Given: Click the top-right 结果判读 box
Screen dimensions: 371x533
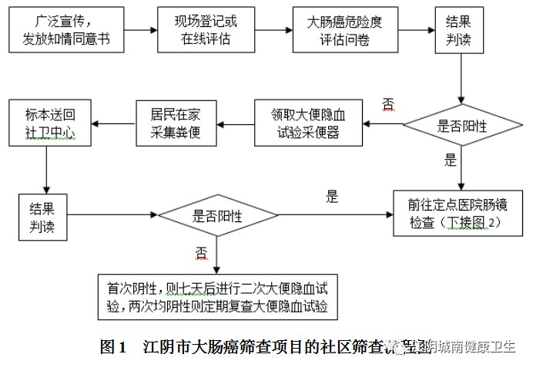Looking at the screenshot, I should click(x=459, y=30).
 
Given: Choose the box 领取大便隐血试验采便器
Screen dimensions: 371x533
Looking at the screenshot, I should click(x=308, y=125).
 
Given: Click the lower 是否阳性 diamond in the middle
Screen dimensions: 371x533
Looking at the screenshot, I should click(x=217, y=217).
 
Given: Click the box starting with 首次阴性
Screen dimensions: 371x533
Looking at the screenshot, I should click(x=218, y=296).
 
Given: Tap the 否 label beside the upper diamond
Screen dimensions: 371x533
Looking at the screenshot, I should click(x=388, y=105).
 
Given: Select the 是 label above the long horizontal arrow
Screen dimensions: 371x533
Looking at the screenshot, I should click(x=331, y=197).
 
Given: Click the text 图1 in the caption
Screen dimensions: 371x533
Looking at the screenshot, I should click(x=112, y=346).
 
